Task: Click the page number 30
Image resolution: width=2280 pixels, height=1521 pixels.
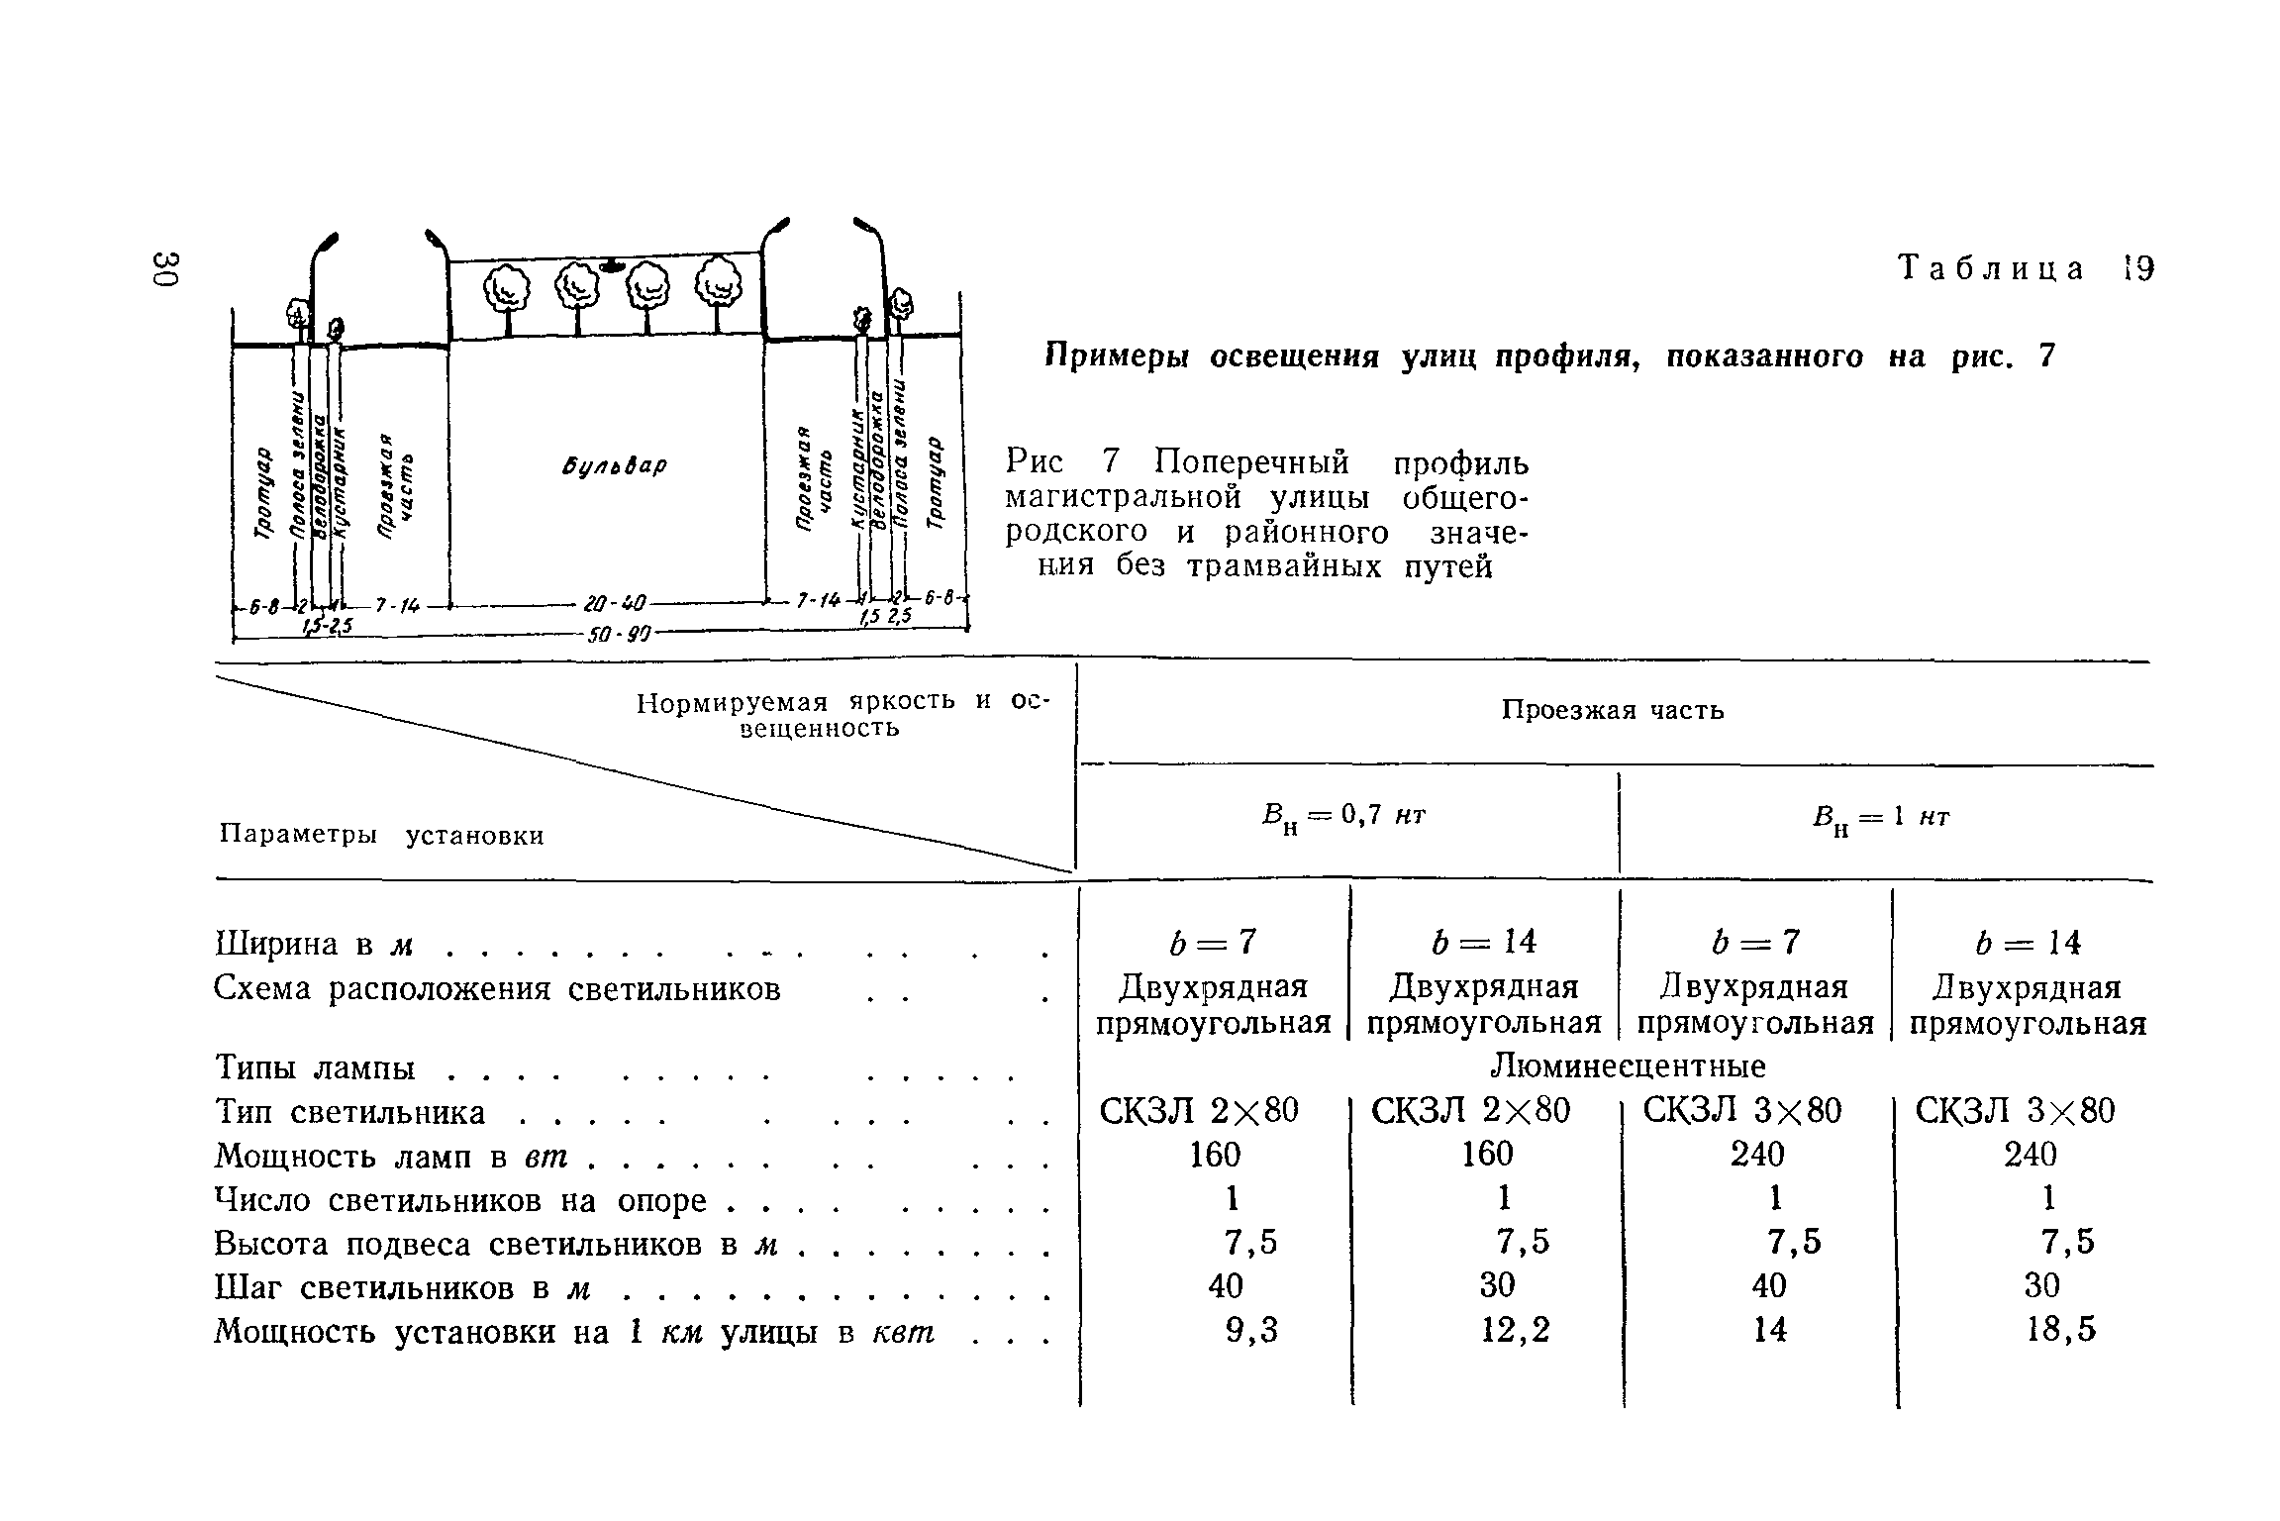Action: coord(164,269)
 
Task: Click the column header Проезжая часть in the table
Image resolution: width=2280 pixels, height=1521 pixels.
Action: coord(1613,710)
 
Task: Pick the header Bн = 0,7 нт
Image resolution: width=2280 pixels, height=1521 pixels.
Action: coord(1343,818)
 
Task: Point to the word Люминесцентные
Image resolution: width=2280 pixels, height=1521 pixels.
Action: coord(1628,1066)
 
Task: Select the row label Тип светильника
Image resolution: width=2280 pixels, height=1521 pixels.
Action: coord(350,1113)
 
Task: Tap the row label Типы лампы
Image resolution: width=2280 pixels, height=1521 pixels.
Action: coord(315,1068)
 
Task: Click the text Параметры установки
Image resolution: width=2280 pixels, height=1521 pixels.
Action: coord(381,836)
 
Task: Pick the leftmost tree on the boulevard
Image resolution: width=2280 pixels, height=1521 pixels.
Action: coord(508,290)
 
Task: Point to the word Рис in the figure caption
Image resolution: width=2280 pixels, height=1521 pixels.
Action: coord(1035,461)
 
